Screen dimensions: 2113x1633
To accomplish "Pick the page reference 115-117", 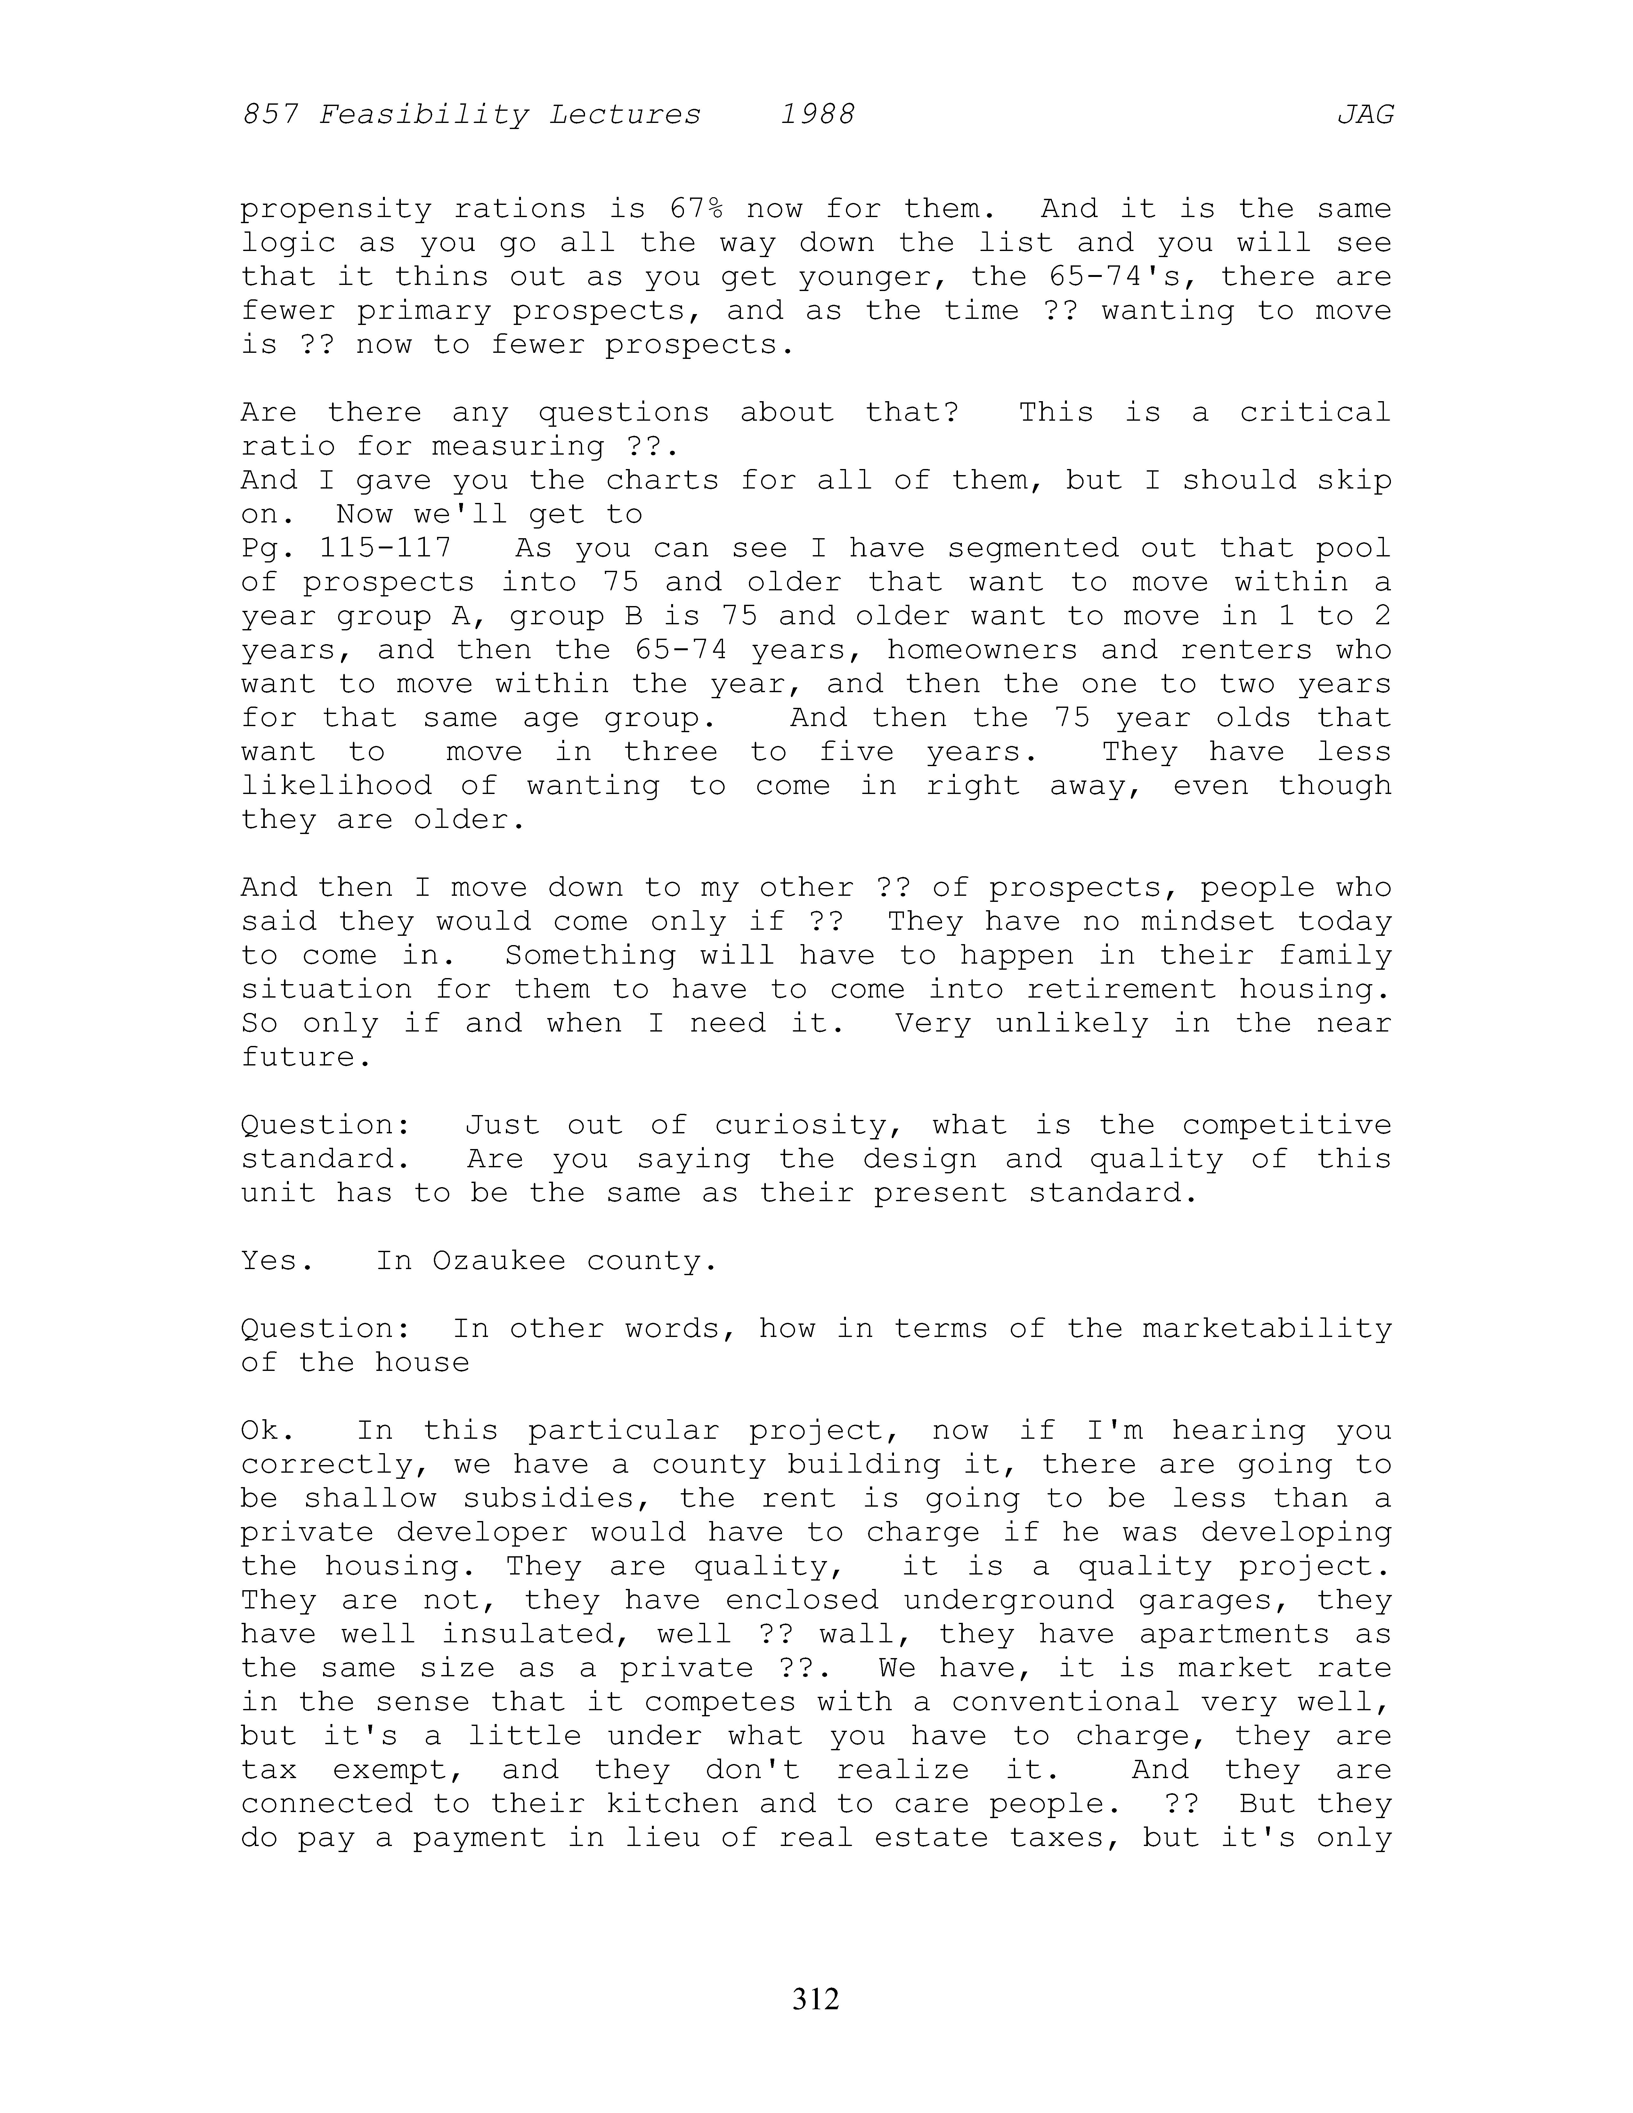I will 385,547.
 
